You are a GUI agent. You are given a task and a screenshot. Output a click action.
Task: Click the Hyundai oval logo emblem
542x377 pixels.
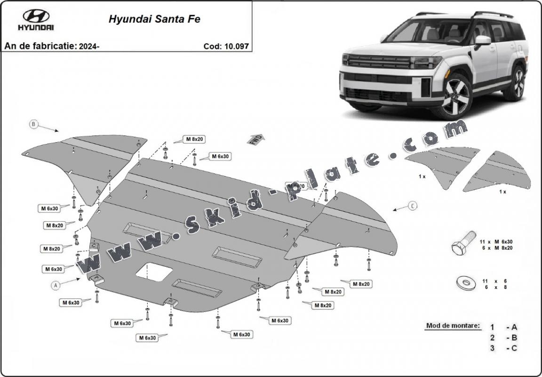pos(36,16)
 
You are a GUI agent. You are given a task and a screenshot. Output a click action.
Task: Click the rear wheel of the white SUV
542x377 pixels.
pos(518,82)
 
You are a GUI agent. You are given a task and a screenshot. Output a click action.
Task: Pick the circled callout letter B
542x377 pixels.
pos(33,124)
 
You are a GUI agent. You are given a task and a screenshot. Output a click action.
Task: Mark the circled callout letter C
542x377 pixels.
pos(412,205)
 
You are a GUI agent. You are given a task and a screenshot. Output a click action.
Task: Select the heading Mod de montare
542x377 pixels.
pos(453,325)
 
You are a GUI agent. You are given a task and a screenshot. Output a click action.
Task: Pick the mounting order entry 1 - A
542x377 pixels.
pos(503,327)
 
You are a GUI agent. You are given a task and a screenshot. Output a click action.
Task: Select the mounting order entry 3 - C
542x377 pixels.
pos(503,348)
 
